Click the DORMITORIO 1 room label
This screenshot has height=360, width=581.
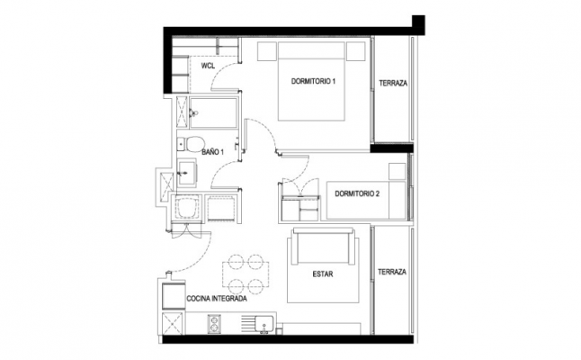(x=313, y=81)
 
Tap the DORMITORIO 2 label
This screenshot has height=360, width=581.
(x=357, y=193)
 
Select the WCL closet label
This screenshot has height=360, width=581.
(x=208, y=66)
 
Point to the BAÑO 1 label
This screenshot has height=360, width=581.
(x=212, y=152)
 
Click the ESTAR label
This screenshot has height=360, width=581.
(x=323, y=274)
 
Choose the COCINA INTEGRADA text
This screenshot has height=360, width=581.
(x=217, y=299)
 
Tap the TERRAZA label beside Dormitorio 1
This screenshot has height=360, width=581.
(x=393, y=84)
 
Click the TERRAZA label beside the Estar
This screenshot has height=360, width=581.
(x=392, y=272)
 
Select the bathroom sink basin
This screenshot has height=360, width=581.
(x=187, y=172)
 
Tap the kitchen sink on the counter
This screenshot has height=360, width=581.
(x=264, y=324)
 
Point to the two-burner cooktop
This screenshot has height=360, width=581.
(x=214, y=324)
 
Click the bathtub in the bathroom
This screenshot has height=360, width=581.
(x=213, y=112)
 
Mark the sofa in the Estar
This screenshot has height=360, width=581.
(x=322, y=247)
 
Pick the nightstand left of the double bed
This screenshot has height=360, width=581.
(x=267, y=51)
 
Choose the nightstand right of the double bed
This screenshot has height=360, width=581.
(x=356, y=51)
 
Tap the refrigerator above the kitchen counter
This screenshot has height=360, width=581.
(x=174, y=295)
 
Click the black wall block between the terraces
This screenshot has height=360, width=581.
(x=391, y=148)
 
